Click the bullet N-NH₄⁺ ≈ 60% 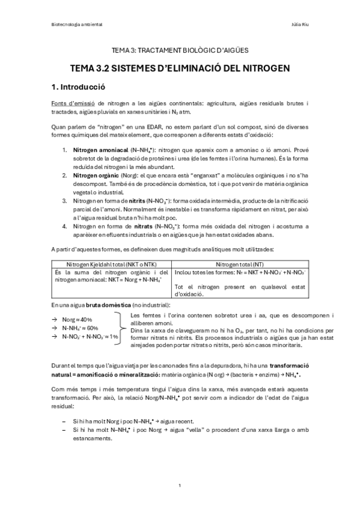pyautogui.click(x=80, y=328)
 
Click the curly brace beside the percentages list pyautogui.click(x=123, y=328)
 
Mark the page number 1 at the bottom pyautogui.click(x=180, y=485)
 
